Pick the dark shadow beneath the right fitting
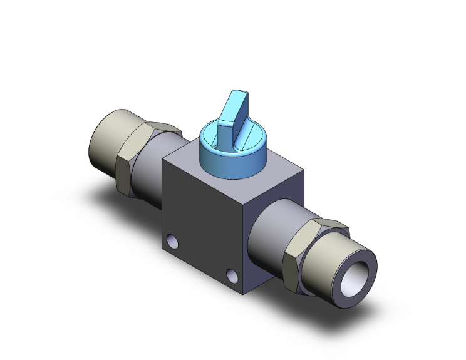coord(338,307)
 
